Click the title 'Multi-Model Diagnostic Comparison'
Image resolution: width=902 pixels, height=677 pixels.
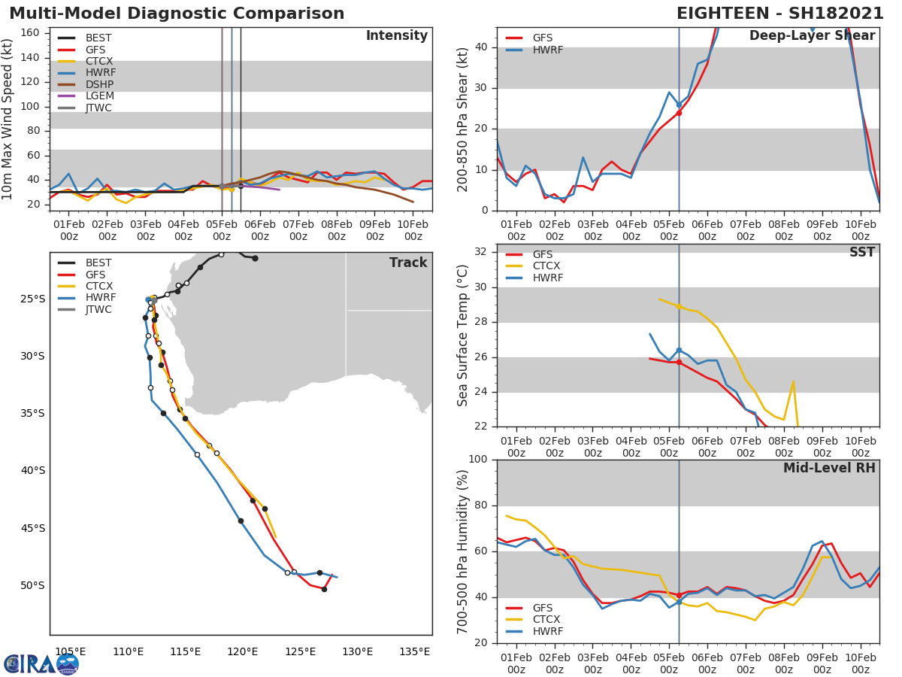point(177,14)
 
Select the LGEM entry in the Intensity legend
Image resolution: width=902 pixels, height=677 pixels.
point(99,96)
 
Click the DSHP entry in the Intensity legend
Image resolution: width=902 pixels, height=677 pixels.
point(99,84)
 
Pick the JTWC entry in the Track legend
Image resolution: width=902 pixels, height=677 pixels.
point(98,309)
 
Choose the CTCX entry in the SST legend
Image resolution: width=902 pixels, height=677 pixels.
point(547,266)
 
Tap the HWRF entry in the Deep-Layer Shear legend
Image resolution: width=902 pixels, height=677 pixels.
point(547,50)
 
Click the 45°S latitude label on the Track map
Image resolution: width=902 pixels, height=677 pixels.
point(32,528)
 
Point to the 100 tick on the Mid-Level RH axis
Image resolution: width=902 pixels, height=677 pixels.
point(478,460)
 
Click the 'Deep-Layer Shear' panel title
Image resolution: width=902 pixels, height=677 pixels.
point(812,36)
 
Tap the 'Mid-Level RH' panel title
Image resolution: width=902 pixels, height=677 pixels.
point(829,468)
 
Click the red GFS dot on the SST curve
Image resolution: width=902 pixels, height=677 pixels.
point(679,362)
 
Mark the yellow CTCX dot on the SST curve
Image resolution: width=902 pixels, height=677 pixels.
point(679,306)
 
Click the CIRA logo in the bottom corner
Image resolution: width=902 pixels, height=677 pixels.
point(41,663)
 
